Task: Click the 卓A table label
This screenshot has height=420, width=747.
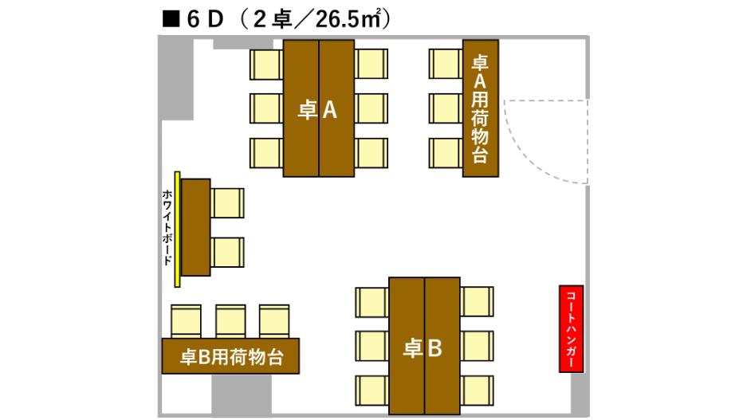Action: [318, 111]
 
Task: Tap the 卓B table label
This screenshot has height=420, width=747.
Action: [424, 347]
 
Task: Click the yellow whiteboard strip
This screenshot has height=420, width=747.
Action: [179, 229]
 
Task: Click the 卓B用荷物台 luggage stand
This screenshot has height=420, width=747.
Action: [232, 355]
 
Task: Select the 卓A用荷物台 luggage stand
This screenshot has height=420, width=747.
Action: [481, 108]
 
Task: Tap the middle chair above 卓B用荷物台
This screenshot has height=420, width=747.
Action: [230, 320]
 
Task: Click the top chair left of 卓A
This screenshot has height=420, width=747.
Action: [266, 63]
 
